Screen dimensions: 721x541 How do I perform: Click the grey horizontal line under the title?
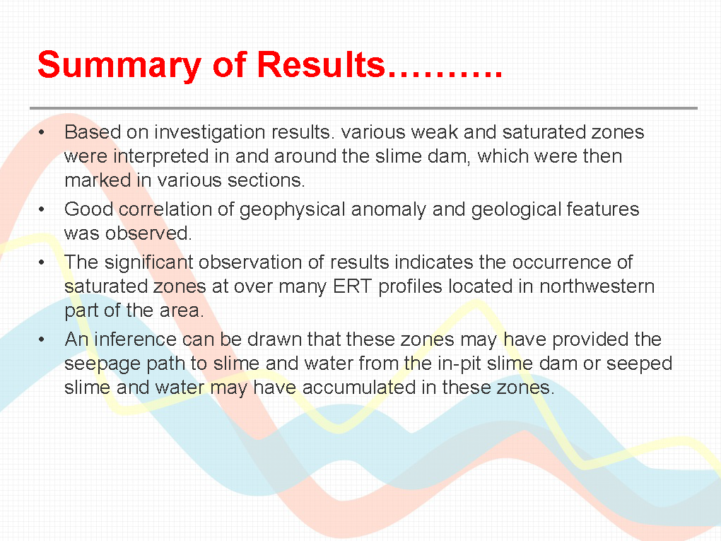point(363,108)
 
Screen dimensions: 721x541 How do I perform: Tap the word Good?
point(89,209)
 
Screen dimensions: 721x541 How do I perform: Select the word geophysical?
point(293,210)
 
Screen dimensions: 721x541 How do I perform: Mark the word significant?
point(148,263)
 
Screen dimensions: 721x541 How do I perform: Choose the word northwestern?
point(597,286)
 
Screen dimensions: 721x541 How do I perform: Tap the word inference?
point(135,339)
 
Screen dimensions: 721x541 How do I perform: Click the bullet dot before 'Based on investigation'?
point(42,133)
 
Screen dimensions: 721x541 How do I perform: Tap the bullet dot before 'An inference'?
point(42,340)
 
